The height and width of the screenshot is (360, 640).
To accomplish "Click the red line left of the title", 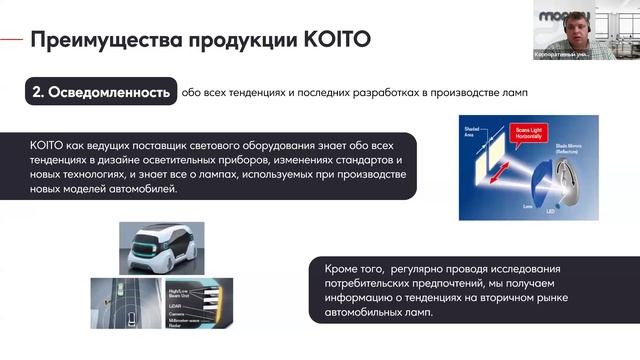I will (x=11, y=39).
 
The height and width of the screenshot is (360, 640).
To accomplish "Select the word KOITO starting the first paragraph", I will (x=49, y=146).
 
